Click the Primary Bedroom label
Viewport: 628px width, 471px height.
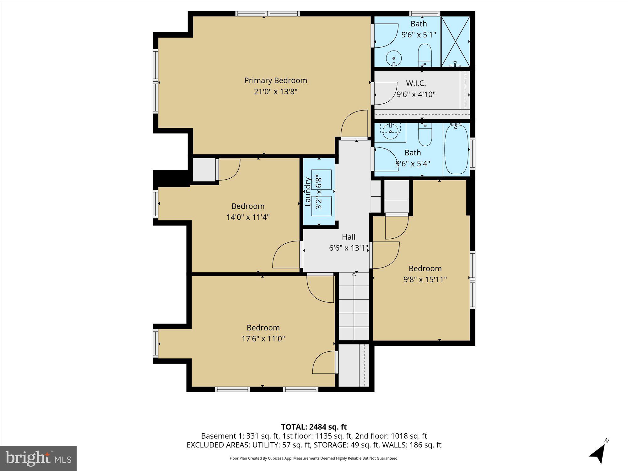pos(275,80)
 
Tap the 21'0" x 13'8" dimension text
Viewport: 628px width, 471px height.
pos(275,92)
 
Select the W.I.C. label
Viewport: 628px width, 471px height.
pos(416,83)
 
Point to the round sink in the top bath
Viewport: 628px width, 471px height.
pos(393,58)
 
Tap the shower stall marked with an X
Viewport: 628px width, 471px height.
pos(455,41)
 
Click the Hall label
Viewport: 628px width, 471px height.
pos(349,237)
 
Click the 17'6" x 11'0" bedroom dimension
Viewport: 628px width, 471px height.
pos(263,339)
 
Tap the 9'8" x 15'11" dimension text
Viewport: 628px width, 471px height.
pos(425,279)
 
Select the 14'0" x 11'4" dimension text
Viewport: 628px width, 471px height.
pos(248,217)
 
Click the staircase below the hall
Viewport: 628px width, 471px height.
pos(354,306)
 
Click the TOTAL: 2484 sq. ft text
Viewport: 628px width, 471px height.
pos(314,427)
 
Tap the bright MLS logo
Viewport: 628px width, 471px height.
pos(38,458)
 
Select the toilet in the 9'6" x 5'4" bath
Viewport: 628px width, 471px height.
pos(425,135)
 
